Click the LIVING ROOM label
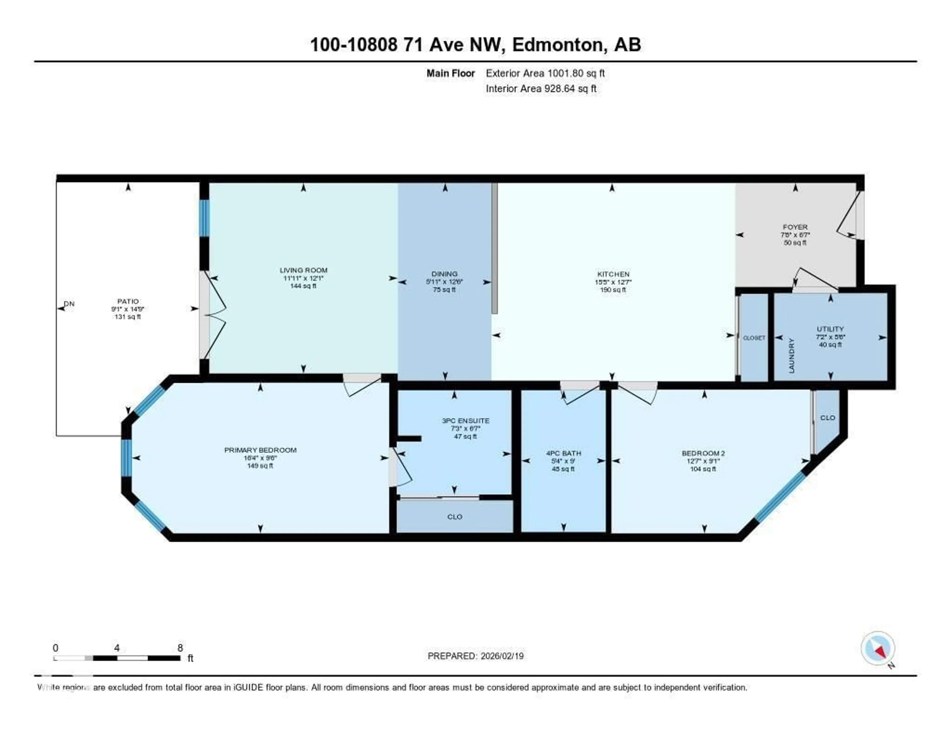click(x=303, y=270)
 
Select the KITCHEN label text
click(x=613, y=274)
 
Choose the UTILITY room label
click(x=830, y=329)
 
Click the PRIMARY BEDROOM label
click(x=260, y=450)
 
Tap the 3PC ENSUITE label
click(x=466, y=421)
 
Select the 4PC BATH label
click(x=563, y=453)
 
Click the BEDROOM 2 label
click(x=703, y=453)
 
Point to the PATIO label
click(x=128, y=301)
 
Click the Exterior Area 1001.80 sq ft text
click(x=545, y=73)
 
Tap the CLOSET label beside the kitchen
click(x=754, y=338)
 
